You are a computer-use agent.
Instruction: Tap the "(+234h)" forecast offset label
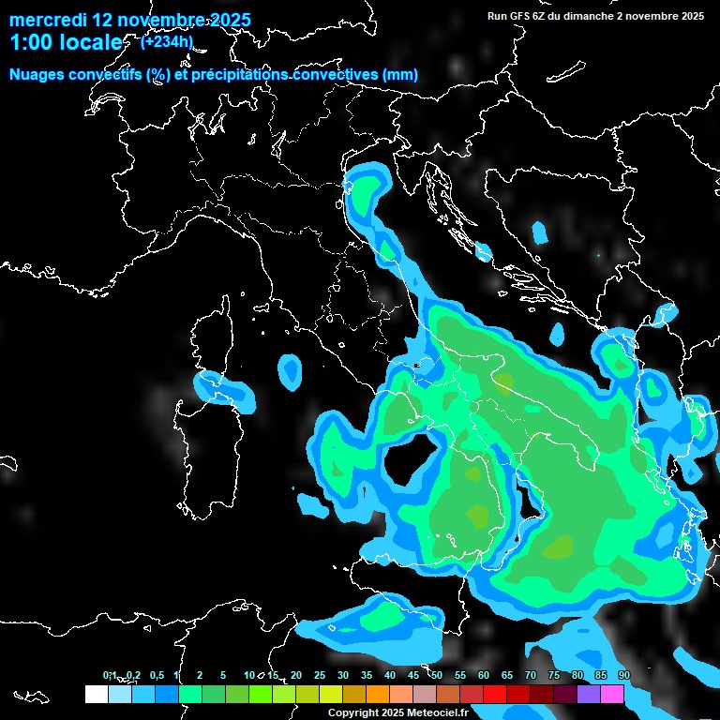point(166,41)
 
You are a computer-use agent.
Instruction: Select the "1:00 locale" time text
point(66,43)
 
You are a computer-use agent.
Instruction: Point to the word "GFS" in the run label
point(518,16)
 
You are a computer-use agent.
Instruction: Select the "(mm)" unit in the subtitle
point(400,75)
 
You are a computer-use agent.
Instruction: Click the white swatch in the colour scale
point(96,694)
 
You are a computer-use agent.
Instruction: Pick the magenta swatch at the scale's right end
point(612,694)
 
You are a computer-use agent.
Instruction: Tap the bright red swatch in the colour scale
point(495,694)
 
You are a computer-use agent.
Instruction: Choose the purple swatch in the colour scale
point(589,694)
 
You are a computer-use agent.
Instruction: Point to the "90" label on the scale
point(624,676)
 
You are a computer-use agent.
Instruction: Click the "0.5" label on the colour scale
point(156,676)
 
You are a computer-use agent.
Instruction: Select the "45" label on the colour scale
point(413,676)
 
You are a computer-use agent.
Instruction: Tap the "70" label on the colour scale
point(531,676)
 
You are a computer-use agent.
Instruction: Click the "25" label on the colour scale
point(320,676)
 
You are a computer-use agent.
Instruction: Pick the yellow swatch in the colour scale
point(331,694)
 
